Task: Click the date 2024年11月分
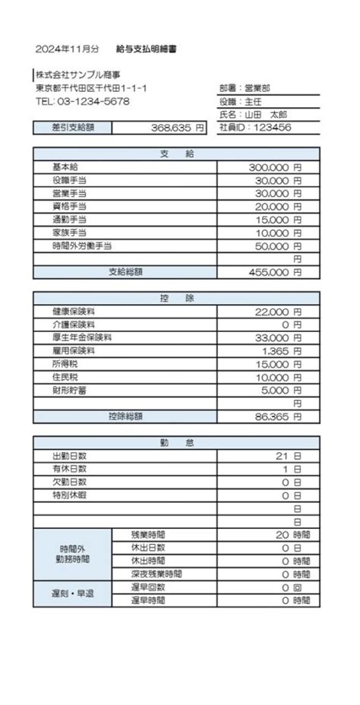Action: click(67, 49)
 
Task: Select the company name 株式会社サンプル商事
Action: click(77, 75)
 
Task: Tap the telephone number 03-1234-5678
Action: click(82, 101)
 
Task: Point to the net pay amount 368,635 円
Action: click(178, 128)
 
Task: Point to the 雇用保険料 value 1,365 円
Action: click(281, 350)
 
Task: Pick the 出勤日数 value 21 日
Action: click(289, 456)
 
